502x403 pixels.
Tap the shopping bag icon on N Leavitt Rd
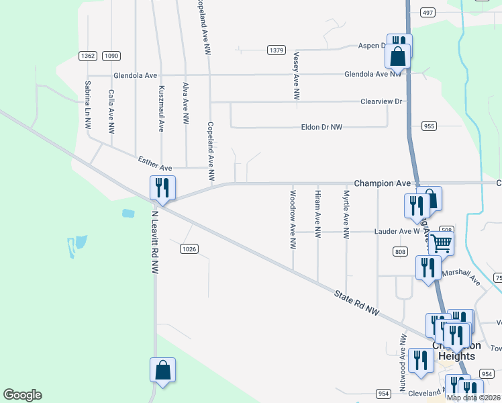coord(162,369)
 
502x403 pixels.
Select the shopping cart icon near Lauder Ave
coord(441,243)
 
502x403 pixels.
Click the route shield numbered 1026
coord(189,249)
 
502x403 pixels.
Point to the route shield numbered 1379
coord(277,50)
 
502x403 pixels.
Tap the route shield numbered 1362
coord(88,56)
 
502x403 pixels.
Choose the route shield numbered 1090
coord(111,56)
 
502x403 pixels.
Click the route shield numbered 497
coord(428,12)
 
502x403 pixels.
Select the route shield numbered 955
coord(430,126)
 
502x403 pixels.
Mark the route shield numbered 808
coord(401,251)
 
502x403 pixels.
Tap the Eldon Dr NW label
coord(322,127)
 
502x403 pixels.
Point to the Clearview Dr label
coord(381,101)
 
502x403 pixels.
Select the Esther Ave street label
coord(155,163)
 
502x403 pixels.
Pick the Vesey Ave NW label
coord(296,77)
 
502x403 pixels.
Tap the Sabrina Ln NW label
coord(87,105)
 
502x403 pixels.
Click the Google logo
coord(22,395)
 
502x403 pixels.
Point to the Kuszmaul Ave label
coord(161,108)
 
